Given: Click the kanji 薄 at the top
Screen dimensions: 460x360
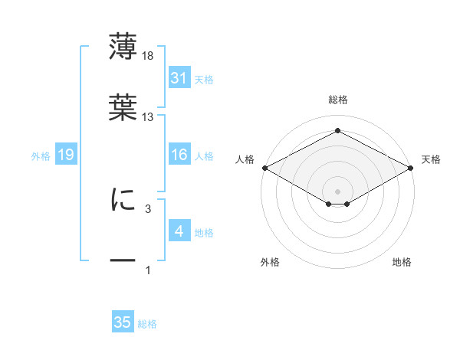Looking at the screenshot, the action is pos(123,46).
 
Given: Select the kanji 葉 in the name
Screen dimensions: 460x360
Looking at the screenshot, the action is pos(123,107).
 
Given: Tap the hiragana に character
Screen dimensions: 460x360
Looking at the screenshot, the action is pos(123,199).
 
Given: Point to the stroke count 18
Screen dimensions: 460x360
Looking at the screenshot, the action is pos(147,56).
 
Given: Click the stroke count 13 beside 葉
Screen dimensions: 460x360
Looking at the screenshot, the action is pos(147,117).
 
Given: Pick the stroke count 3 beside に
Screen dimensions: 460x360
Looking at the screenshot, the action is pos(148,209).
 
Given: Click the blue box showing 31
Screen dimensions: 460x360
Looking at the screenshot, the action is pos(179,77).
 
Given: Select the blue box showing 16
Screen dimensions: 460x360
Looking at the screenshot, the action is pos(179,154).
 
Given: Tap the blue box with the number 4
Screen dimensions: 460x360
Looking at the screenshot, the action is pos(179,230).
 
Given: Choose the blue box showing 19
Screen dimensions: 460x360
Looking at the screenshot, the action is pos(66,154).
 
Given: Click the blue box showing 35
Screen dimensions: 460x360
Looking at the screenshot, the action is pos(123,321).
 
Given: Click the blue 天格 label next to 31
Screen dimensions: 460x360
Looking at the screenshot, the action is pos(204,80).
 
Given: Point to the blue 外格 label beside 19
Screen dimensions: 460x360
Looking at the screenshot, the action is pos(41,156).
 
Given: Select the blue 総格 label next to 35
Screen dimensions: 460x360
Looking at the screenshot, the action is pos(147,324).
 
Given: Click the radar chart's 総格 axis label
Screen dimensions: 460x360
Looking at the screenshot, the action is pos(338,100).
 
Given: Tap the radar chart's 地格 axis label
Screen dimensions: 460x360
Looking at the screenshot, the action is pos(402,262).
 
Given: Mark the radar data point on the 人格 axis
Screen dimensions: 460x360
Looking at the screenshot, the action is pos(265,168).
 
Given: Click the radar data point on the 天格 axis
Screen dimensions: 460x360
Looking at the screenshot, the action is pos(411,168).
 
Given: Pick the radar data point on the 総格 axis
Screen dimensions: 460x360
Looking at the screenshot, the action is pos(337,130).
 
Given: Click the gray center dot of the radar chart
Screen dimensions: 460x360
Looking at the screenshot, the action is pos(337,191).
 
